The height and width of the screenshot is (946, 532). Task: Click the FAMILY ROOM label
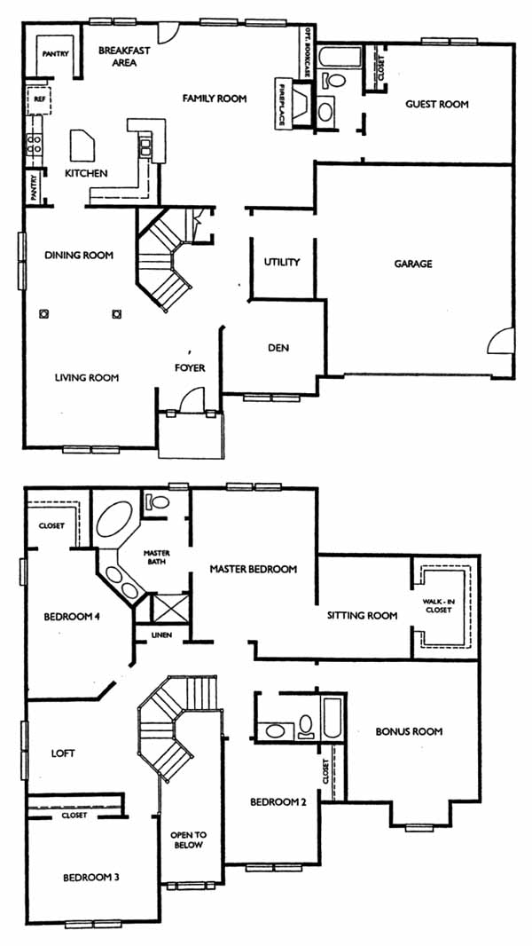pyautogui.click(x=215, y=99)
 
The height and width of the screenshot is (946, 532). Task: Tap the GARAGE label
pyautogui.click(x=413, y=264)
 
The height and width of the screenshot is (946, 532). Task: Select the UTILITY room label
pyautogui.click(x=281, y=262)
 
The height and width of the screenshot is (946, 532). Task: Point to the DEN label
pyautogui.click(x=278, y=348)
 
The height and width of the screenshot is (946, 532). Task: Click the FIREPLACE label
pyautogui.click(x=282, y=103)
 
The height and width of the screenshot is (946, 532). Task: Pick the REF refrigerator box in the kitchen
pyautogui.click(x=38, y=100)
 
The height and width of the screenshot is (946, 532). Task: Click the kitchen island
pyautogui.click(x=82, y=145)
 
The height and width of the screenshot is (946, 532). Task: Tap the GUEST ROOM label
pyautogui.click(x=437, y=104)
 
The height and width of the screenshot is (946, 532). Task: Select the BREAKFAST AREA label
pyautogui.click(x=124, y=56)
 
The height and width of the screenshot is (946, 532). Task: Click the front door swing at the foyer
pyautogui.click(x=192, y=399)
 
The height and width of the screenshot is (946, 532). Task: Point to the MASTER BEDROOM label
pyautogui.click(x=253, y=569)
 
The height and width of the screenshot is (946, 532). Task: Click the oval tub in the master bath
pyautogui.click(x=113, y=520)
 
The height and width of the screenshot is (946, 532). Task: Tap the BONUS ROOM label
pyautogui.click(x=409, y=732)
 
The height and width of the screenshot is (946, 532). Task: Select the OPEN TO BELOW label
pyautogui.click(x=189, y=840)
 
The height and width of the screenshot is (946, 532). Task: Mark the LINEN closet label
pyautogui.click(x=160, y=635)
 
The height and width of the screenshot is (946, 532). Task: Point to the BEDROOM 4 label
pyautogui.click(x=71, y=617)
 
